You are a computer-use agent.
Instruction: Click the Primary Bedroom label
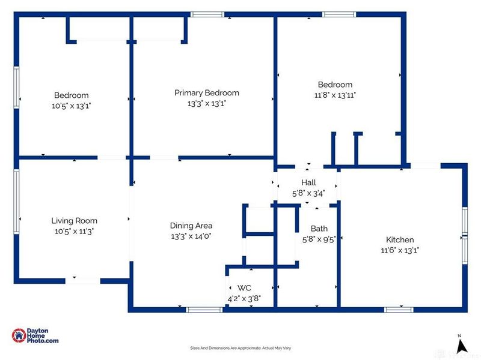(x=206, y=93)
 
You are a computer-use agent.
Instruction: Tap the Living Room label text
(x=74, y=221)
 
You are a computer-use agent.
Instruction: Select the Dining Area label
(x=191, y=226)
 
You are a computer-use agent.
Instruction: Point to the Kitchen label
(x=400, y=239)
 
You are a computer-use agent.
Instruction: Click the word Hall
(x=308, y=182)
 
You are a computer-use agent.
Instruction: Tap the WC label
(x=244, y=288)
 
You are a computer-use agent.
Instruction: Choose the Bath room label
(x=319, y=229)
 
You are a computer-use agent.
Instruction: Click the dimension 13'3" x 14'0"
(x=191, y=236)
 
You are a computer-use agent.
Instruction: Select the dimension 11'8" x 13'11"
(x=335, y=95)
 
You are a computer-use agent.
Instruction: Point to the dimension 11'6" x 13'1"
(x=400, y=250)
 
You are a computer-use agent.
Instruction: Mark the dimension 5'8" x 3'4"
(x=308, y=193)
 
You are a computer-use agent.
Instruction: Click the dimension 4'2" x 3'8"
(x=244, y=298)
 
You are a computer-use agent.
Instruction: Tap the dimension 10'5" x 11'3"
(x=74, y=231)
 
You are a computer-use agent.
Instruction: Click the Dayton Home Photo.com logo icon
(x=19, y=336)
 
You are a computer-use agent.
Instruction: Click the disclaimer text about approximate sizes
(x=240, y=348)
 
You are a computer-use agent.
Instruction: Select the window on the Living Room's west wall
(x=16, y=202)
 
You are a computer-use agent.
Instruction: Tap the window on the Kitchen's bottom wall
(x=399, y=310)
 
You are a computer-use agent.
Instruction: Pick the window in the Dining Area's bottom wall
(x=204, y=310)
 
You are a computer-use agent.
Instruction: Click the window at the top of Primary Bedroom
(x=207, y=14)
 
